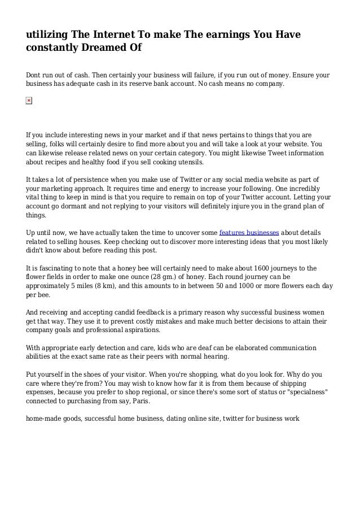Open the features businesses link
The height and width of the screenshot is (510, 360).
249,232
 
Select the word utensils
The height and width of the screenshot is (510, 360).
186,162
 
